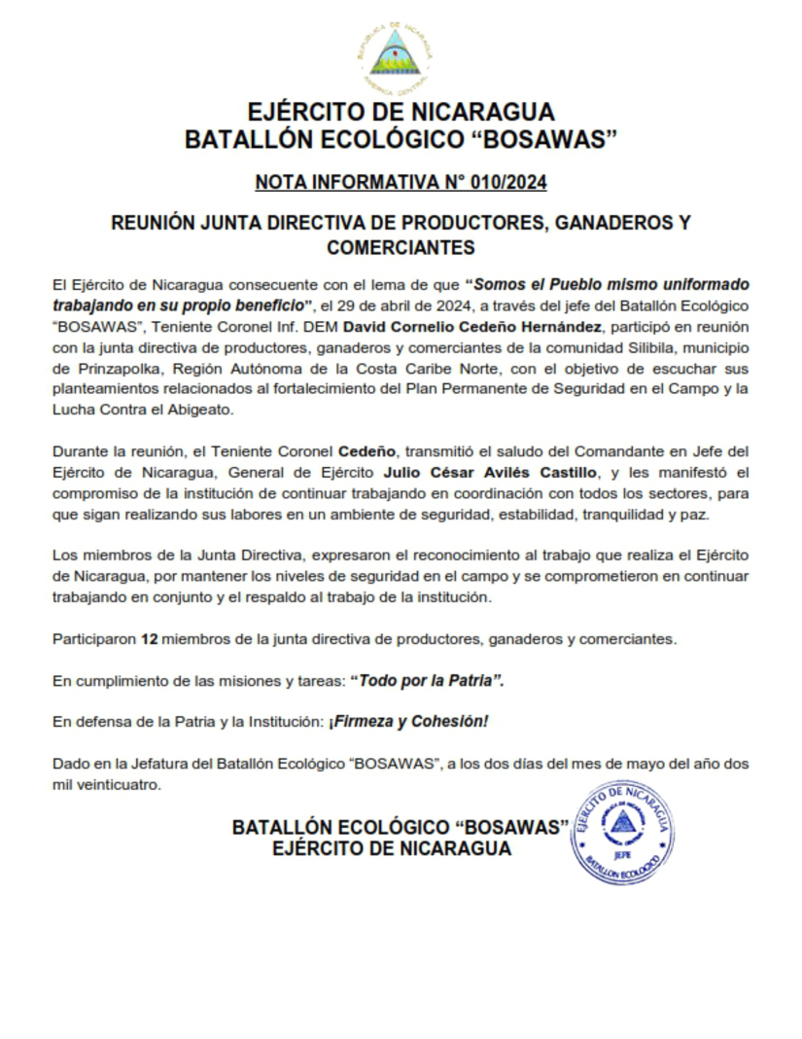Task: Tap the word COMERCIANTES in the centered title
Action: pos(401,247)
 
